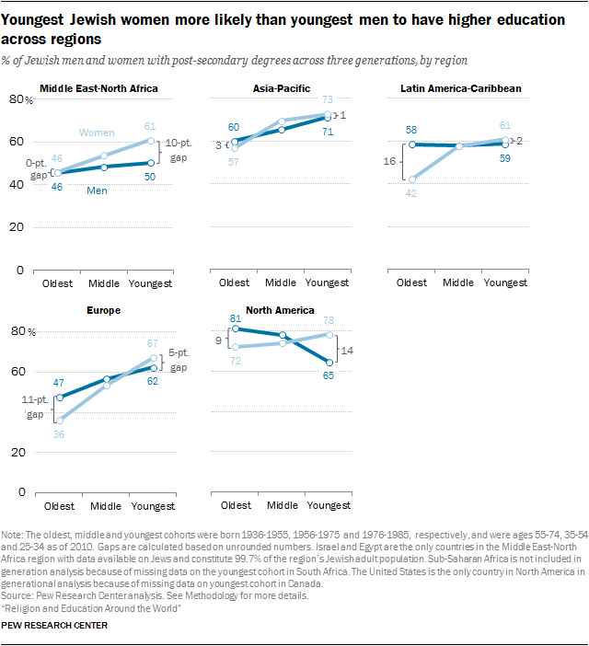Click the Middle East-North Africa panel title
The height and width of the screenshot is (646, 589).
pos(99,88)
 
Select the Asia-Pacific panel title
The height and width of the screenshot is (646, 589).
pos(275,88)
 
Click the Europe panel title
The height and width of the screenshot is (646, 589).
pos(102,310)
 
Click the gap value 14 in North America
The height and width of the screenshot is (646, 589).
pos(348,350)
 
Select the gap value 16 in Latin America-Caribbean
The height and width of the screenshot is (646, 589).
pos(389,161)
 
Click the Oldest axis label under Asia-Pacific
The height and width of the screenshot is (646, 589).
pos(237,283)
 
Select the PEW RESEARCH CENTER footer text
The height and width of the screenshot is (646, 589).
pos(56,626)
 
